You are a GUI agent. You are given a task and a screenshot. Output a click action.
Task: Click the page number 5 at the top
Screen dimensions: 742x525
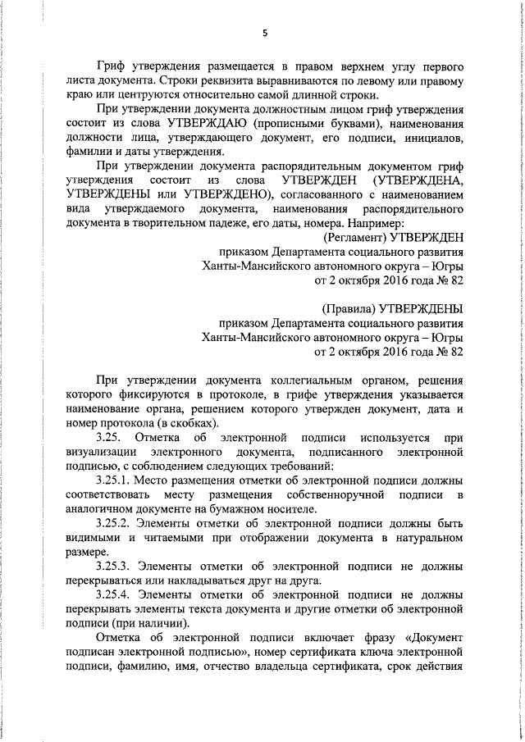pyautogui.click(x=265, y=34)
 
